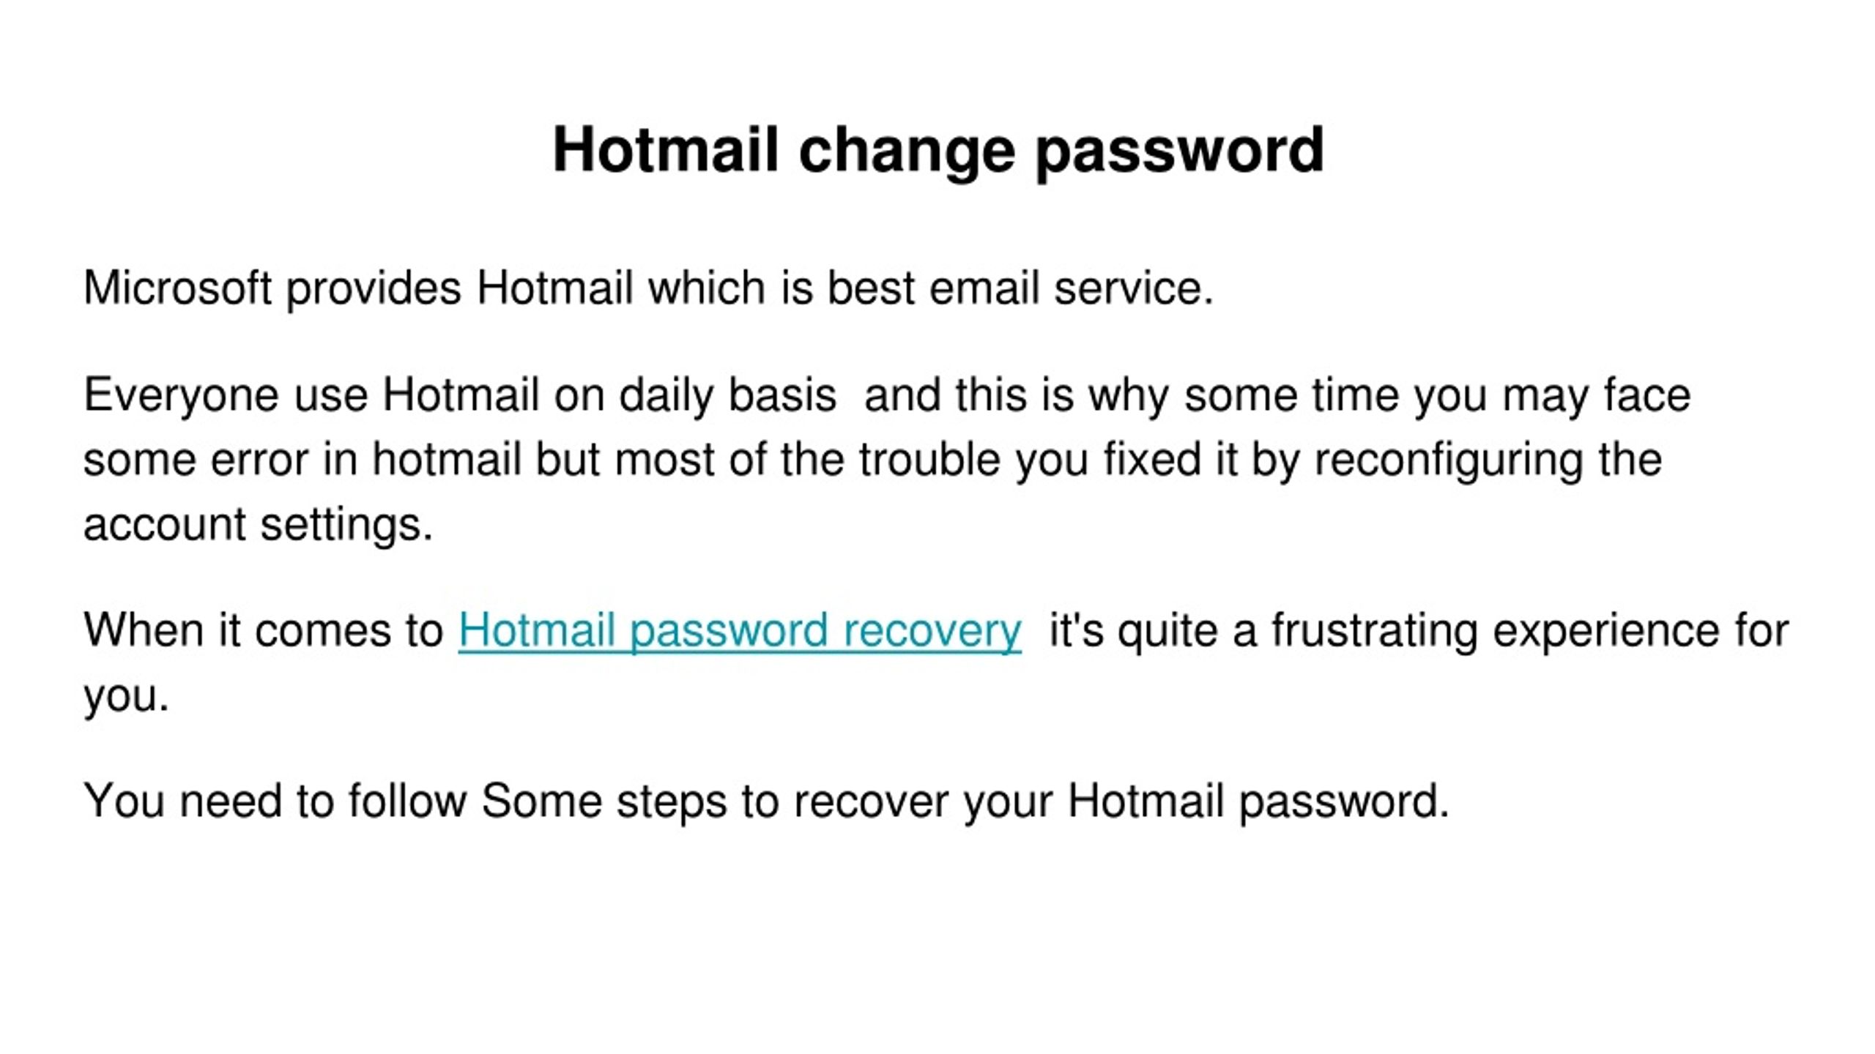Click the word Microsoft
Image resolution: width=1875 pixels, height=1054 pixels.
coord(178,288)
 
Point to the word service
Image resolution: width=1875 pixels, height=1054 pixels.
coord(1134,288)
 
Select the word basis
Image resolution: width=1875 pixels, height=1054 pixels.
coord(782,395)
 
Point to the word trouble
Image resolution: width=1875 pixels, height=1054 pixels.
coord(929,459)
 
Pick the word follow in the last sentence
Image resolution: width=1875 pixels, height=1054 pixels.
coord(407,800)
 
